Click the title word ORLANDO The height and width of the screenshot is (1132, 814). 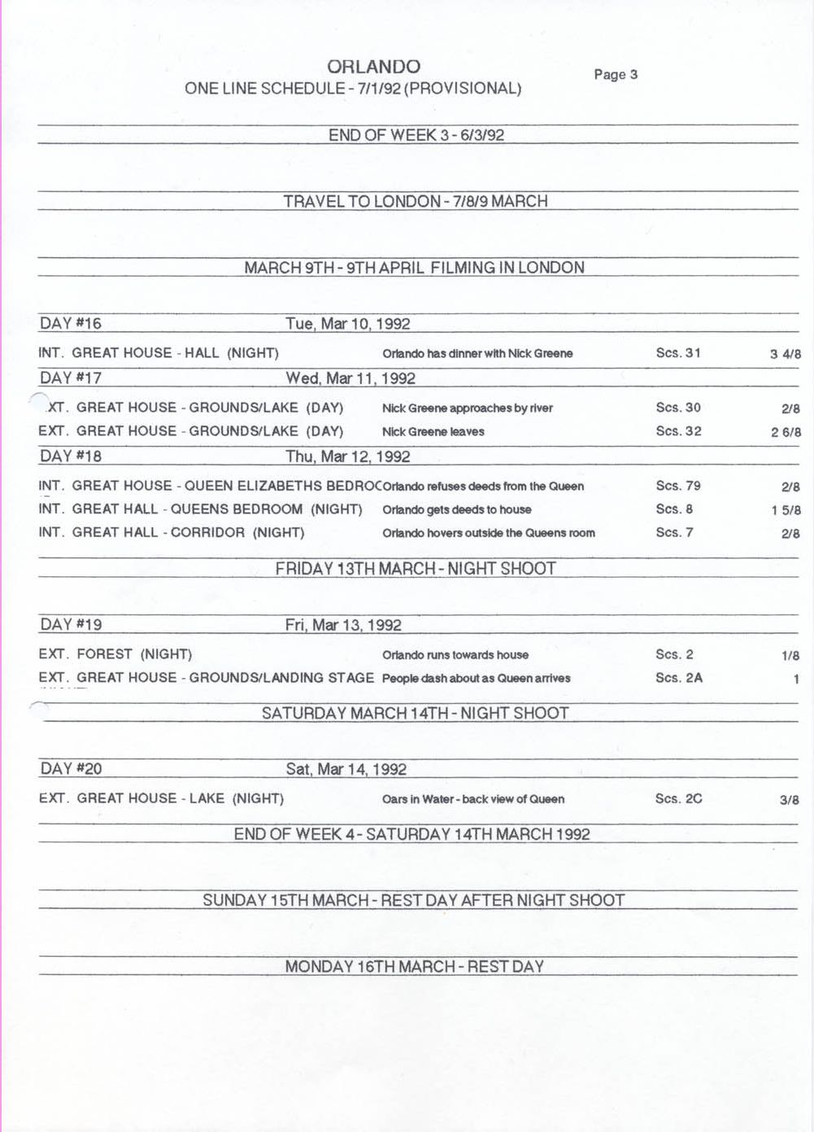[374, 67]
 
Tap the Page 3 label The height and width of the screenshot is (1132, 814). [616, 75]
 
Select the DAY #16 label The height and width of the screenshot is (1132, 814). [71, 323]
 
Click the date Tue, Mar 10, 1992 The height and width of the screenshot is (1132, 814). [348, 324]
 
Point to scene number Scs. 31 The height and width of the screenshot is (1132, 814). [678, 353]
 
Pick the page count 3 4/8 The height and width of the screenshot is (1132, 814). [785, 354]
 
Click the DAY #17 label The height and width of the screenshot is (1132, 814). [71, 378]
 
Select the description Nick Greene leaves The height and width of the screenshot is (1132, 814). [433, 432]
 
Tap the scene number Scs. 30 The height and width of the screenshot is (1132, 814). [678, 408]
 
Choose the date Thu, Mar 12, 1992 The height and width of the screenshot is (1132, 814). [348, 457]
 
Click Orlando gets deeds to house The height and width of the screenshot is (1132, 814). [456, 510]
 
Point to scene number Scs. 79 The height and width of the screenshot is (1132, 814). [678, 486]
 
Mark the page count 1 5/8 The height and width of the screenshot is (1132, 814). [786, 510]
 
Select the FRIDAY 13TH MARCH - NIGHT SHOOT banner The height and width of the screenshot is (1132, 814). [416, 569]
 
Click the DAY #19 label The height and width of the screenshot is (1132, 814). [71, 624]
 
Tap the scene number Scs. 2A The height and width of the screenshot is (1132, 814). [679, 678]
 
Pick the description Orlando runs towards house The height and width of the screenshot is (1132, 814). [455, 655]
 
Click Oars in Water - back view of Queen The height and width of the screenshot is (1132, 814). [473, 799]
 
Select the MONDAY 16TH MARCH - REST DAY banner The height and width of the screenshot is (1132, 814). [414, 967]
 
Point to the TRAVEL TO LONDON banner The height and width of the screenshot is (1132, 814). [416, 201]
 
